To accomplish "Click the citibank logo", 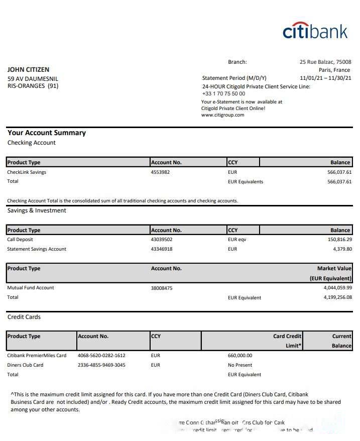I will pyautogui.click(x=315, y=31).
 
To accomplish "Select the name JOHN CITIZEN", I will pyautogui.click(x=28, y=70).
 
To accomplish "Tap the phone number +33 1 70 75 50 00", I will pyautogui.click(x=223, y=93).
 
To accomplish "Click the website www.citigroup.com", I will pyautogui.click(x=222, y=115).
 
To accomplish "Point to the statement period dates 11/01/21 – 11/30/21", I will pyautogui.click(x=325, y=78).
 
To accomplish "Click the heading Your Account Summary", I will pyautogui.click(x=47, y=133).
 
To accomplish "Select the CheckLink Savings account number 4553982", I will pyautogui.click(x=160, y=172).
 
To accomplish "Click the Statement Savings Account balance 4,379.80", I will pyautogui.click(x=339, y=249).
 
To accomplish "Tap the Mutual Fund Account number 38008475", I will pyautogui.click(x=162, y=288).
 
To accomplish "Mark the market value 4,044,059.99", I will pyautogui.click(x=334, y=288).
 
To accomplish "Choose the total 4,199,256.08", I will pyautogui.click(x=334, y=297).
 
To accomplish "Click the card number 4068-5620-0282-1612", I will pyautogui.click(x=101, y=356).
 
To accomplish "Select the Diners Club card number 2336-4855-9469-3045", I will pyautogui.click(x=101, y=365).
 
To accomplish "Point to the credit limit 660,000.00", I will pyautogui.click(x=240, y=356).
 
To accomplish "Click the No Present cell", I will pyautogui.click(x=240, y=365).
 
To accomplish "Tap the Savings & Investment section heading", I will pyautogui.click(x=37, y=210).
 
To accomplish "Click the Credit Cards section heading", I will pyautogui.click(x=24, y=317).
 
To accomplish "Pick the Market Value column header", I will pyautogui.click(x=334, y=269).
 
